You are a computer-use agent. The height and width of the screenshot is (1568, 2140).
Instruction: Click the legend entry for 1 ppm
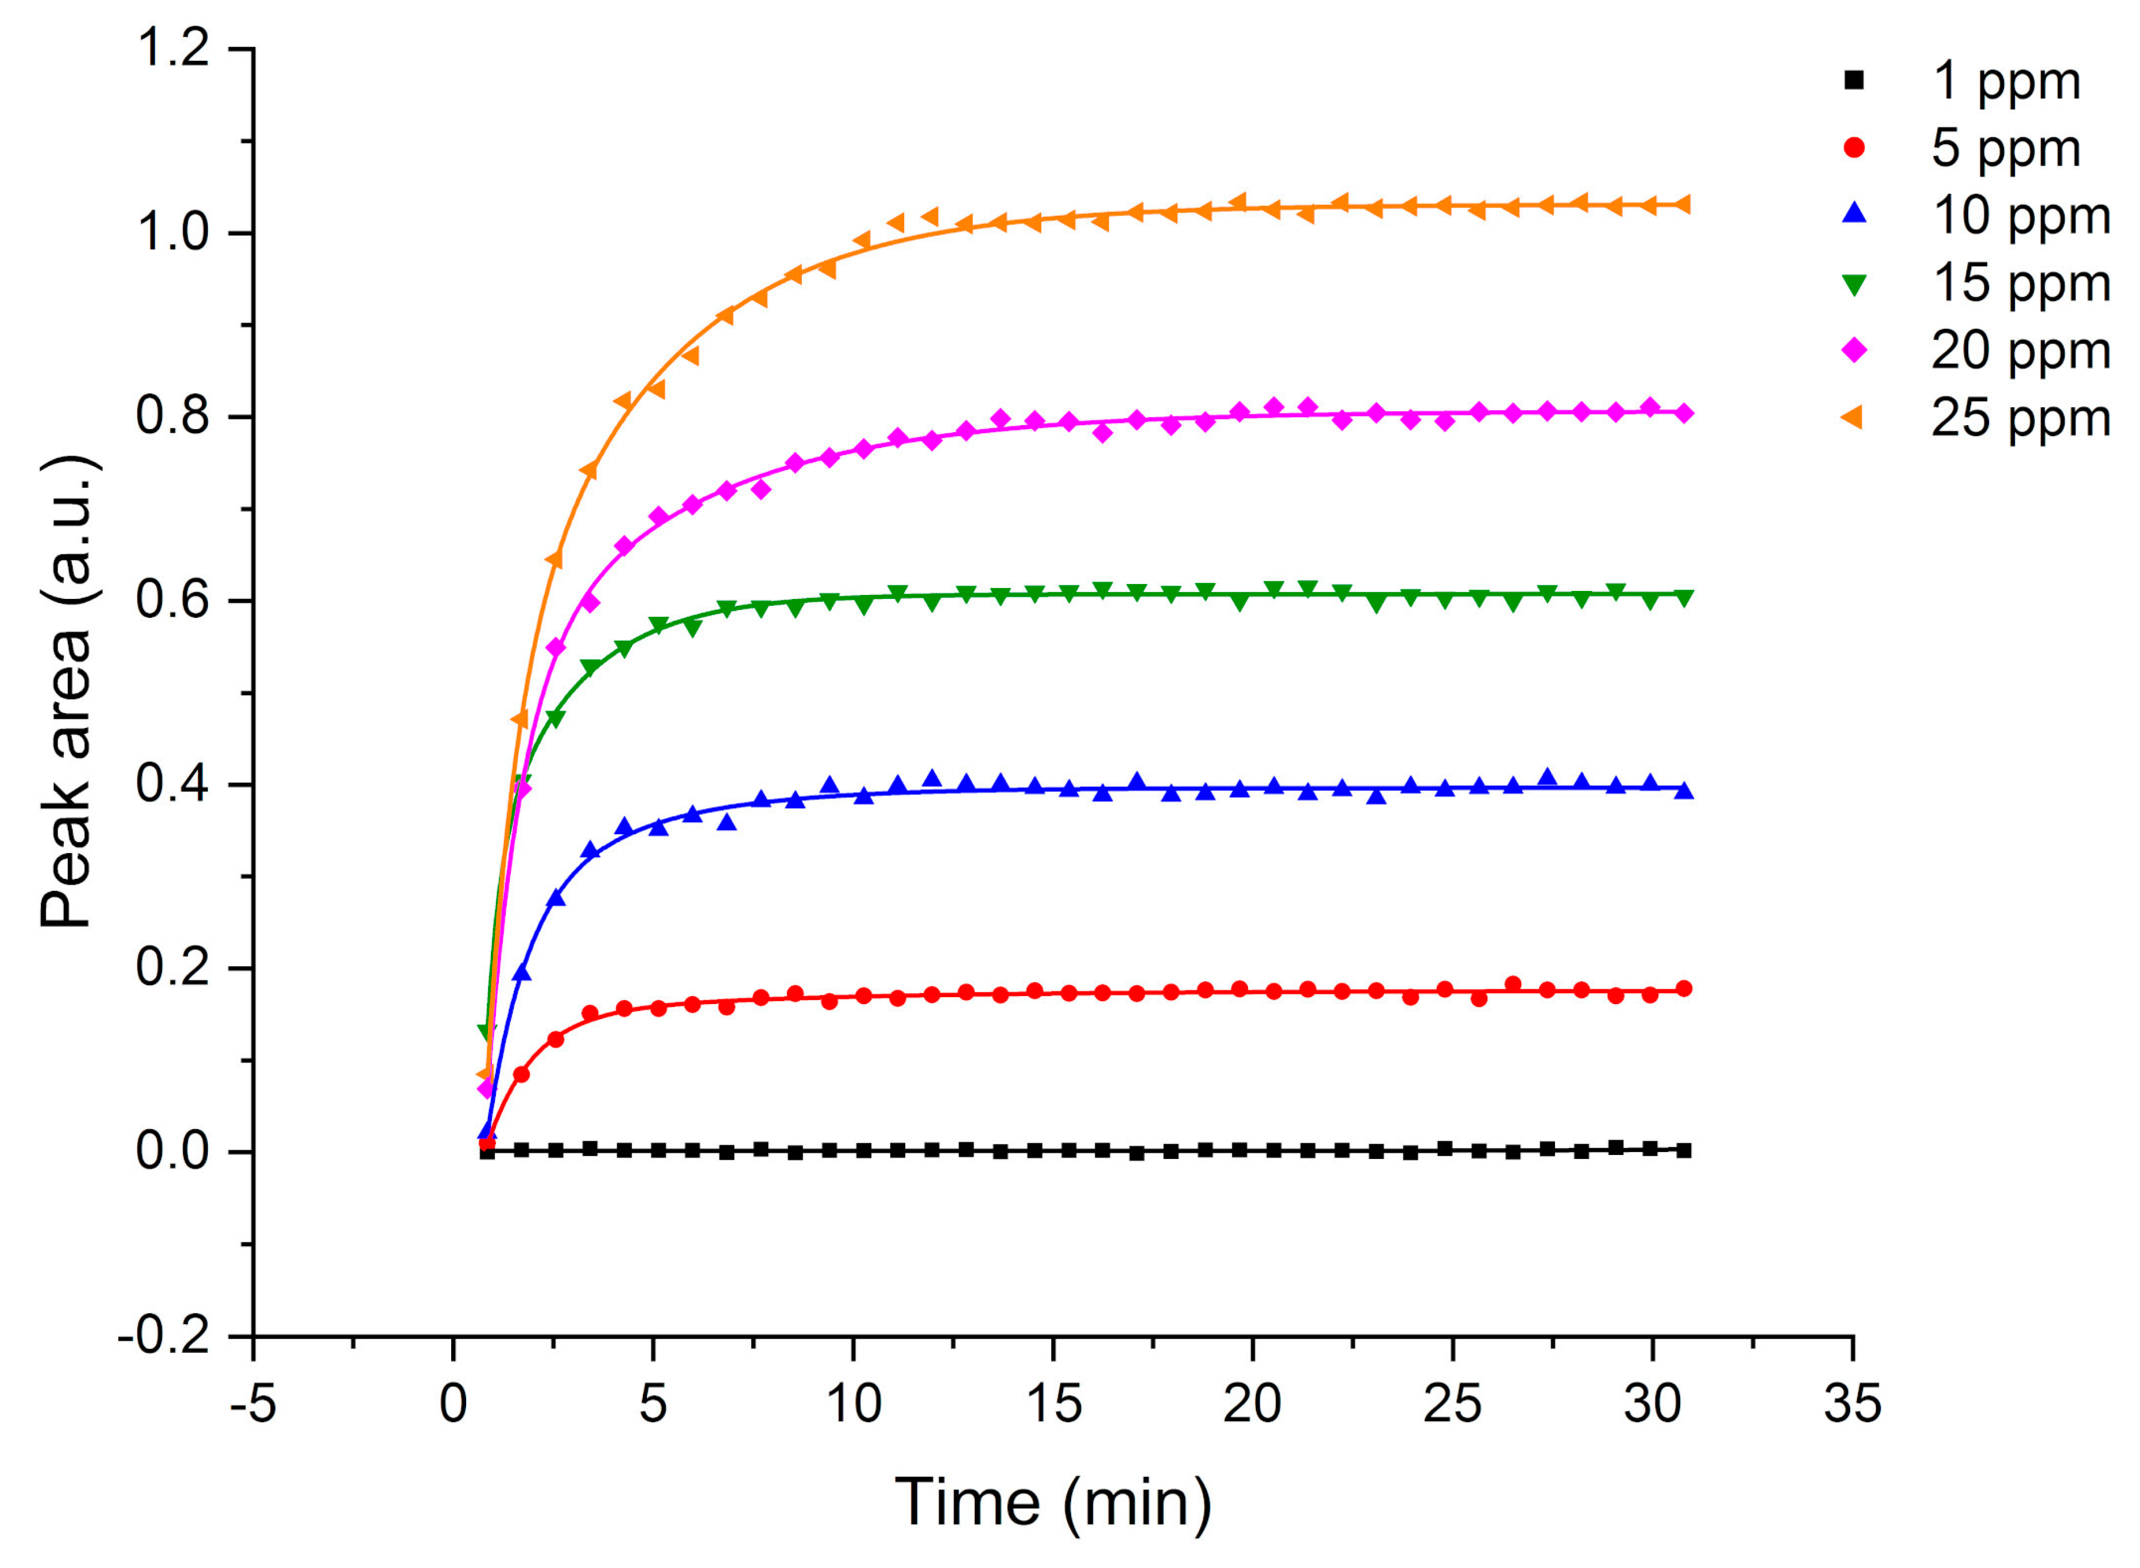[2004, 81]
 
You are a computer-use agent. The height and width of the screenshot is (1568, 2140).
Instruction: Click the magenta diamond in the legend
[1854, 350]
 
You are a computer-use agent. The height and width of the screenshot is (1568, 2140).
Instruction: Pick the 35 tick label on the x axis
[1851, 1403]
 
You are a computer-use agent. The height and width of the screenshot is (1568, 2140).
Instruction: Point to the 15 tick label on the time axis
[1053, 1403]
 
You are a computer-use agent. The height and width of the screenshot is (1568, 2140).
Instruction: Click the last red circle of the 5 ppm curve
[1683, 989]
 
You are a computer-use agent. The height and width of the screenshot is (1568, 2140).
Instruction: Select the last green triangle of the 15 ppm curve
[1683, 598]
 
